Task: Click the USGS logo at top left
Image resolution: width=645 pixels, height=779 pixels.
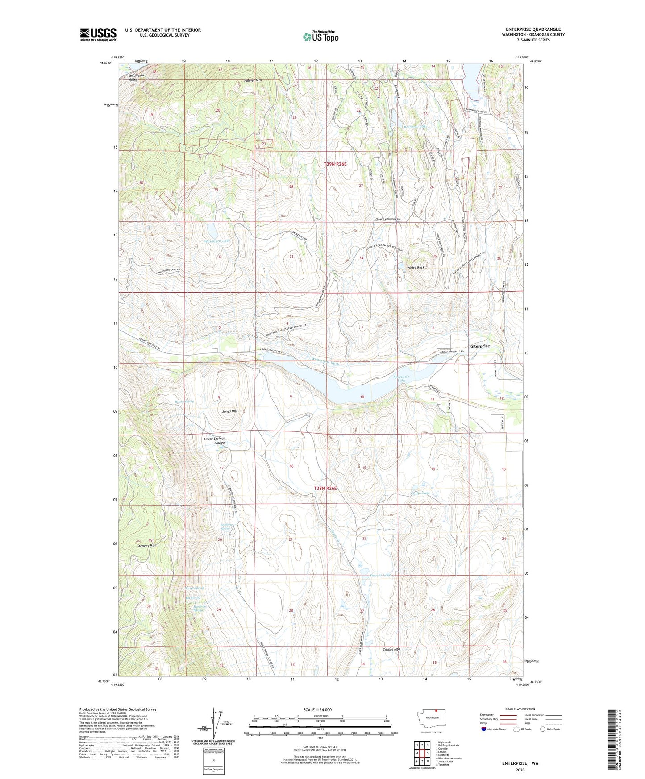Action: tap(98, 34)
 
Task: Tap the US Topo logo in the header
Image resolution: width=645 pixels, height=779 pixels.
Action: tap(320, 37)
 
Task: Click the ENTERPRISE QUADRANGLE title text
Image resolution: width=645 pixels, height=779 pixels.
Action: tap(531, 29)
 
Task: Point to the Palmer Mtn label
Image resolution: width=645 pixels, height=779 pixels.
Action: tap(253, 80)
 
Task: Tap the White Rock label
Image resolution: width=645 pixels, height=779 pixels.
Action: tap(416, 268)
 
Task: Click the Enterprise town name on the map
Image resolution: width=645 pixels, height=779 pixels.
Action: tap(479, 346)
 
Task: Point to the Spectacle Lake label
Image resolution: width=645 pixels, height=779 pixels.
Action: tap(402, 378)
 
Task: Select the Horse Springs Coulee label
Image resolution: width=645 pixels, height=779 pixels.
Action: tap(215, 441)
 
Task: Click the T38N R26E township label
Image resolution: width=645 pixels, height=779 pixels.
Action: tap(325, 489)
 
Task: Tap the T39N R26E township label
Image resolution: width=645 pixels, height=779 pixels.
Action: tap(335, 164)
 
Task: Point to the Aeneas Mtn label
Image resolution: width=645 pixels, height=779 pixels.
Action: tap(147, 546)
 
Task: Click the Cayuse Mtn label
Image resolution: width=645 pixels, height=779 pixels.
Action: tap(391, 650)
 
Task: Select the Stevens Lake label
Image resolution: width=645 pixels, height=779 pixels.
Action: tap(380, 575)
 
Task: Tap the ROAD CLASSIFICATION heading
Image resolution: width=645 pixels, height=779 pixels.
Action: tap(520, 709)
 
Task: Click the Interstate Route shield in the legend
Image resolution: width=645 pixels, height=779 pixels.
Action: tap(485, 729)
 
